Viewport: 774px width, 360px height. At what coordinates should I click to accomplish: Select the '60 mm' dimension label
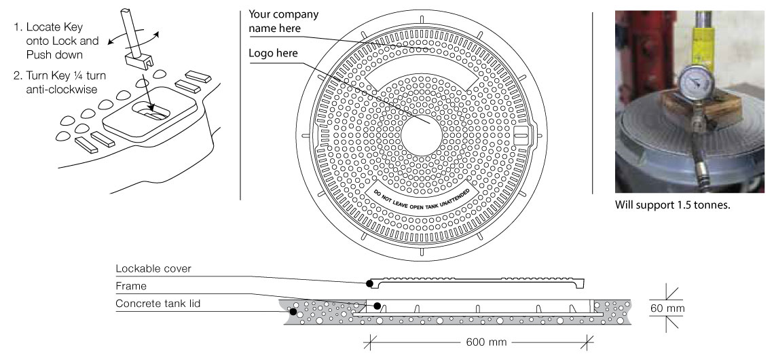tap(667, 309)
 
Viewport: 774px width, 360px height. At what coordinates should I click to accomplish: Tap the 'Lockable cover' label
tap(153, 268)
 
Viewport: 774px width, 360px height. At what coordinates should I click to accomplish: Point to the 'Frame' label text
tap(130, 287)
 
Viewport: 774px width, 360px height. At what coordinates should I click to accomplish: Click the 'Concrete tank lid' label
tap(158, 303)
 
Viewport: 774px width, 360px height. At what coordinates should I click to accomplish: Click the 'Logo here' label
tap(273, 53)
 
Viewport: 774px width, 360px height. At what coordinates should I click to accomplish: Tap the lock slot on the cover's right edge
tap(521, 134)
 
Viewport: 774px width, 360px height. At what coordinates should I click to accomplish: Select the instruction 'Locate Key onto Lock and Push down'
tap(56, 41)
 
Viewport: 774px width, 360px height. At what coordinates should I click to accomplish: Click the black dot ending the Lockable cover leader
tap(369, 283)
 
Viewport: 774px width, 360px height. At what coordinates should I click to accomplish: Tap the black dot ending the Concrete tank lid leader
tap(293, 312)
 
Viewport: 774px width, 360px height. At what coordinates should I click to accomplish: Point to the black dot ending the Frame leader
tap(377, 306)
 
